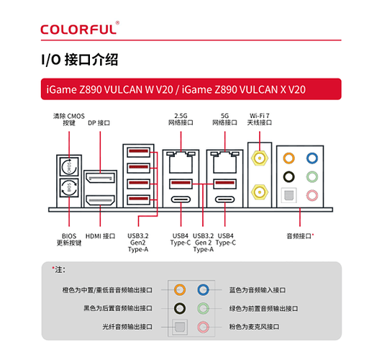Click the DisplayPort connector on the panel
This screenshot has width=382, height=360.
point(101,177)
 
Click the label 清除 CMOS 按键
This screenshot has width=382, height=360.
point(68,120)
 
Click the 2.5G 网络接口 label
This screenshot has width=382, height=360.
point(181,120)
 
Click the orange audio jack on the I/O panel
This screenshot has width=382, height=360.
point(288,158)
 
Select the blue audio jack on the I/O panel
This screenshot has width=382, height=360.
point(311,158)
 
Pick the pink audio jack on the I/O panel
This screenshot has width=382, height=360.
point(311,194)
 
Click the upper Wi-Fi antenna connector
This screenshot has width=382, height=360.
point(258,156)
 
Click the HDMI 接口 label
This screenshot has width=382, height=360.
point(101,235)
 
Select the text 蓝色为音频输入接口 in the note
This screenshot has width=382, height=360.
point(258,289)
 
